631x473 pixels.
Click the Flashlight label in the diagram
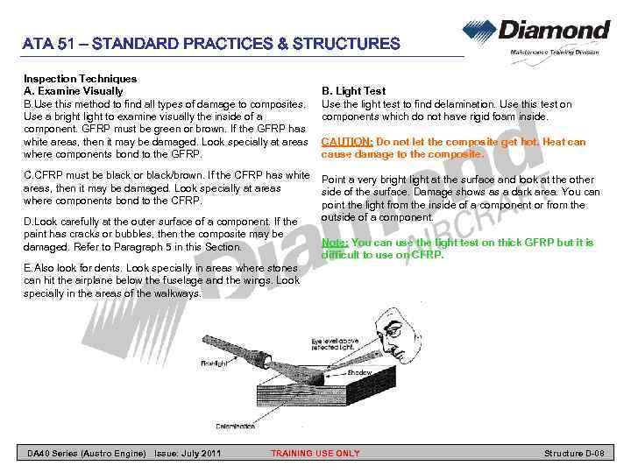click(214, 363)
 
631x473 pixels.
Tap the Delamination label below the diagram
click(236, 426)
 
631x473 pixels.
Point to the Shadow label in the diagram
click(359, 372)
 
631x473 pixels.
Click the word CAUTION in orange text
click(348, 142)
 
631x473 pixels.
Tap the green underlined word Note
click(334, 243)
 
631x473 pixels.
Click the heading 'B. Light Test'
click(353, 91)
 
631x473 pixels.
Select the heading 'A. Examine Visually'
click(73, 91)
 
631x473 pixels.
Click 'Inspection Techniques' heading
click(80, 79)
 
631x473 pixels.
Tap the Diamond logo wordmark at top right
click(553, 31)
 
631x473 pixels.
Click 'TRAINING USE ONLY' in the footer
click(315, 454)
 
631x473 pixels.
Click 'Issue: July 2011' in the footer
click(187, 454)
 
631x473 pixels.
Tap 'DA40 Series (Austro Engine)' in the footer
click(86, 454)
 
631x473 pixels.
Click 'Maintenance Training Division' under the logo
click(554, 53)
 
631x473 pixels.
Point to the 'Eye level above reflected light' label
click(335, 344)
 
